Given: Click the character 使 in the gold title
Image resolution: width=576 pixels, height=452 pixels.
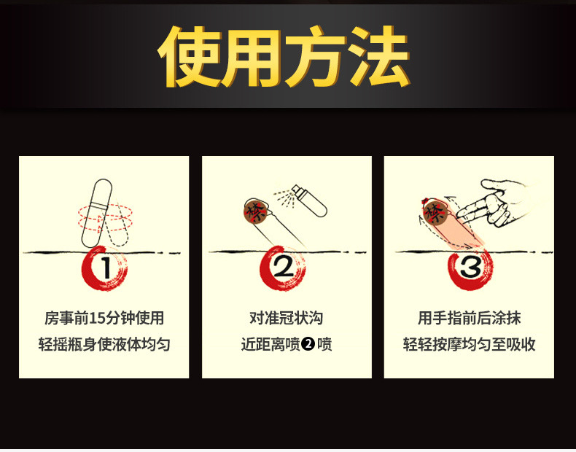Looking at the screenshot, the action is click(189, 56).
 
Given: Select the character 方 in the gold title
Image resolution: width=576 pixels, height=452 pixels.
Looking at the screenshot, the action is click(316, 56).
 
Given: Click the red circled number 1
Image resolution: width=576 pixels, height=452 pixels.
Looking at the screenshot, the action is click(105, 268).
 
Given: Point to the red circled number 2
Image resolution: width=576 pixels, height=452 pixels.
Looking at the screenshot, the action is click(283, 268).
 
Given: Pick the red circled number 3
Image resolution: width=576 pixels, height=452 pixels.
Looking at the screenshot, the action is click(470, 268).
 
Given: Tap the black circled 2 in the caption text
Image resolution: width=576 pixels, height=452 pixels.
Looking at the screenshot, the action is click(308, 344).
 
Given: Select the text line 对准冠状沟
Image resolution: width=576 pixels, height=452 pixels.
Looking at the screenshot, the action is click(286, 318).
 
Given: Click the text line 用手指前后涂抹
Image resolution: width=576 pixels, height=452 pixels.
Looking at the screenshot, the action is click(469, 318).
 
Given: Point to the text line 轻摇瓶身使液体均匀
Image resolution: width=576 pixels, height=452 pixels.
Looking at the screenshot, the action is click(104, 344).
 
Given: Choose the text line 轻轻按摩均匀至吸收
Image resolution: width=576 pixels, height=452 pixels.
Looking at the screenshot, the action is click(469, 344).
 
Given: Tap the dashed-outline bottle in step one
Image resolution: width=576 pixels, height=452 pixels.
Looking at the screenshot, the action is click(117, 224).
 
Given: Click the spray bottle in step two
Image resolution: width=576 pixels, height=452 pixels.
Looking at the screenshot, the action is click(309, 200).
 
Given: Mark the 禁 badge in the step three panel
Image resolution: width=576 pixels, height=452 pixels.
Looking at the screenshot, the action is click(435, 212).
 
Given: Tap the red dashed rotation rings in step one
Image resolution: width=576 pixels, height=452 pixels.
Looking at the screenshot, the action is click(105, 217).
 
